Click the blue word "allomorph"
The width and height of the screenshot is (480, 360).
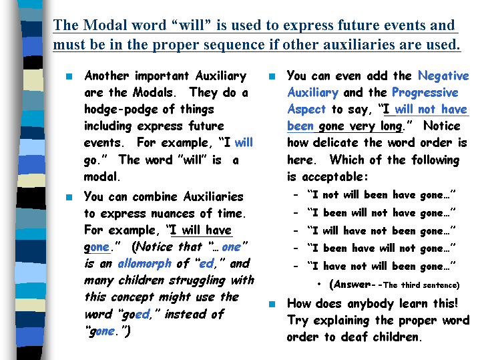(144, 264)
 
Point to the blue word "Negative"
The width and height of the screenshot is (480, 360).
(443, 76)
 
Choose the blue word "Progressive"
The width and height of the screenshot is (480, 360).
(425, 93)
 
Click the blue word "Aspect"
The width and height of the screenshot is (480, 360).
(306, 110)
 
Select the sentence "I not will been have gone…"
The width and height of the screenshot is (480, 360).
(382, 194)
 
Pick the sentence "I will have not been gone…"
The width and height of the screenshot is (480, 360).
(382, 230)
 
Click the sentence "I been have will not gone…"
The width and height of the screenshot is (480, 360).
(382, 248)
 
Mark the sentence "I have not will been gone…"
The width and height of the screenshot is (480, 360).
(382, 266)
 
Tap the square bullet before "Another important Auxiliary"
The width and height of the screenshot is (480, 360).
(69, 76)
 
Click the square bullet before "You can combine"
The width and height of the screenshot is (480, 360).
(69, 197)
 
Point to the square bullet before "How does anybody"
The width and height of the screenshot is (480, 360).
(272, 304)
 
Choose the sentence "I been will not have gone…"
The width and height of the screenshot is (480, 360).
(382, 212)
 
